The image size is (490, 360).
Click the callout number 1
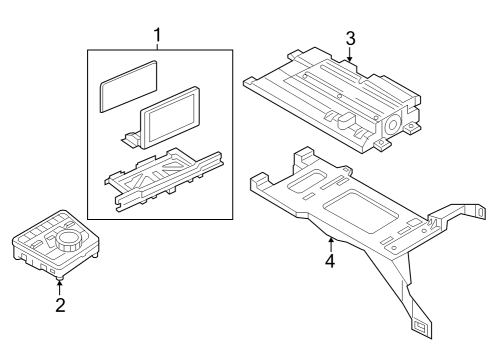pyautogui.click(x=157, y=35)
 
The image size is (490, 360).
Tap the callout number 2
pyautogui.click(x=60, y=305)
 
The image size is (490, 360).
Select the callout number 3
pyautogui.click(x=350, y=39)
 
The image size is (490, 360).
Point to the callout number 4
pyautogui.click(x=330, y=261)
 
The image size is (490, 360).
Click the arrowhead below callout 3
pyautogui.click(x=349, y=59)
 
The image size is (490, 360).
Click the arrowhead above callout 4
pyautogui.click(x=331, y=239)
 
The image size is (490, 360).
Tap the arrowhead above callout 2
pyautogui.click(x=60, y=284)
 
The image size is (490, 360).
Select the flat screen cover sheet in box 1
pyautogui.click(x=128, y=86)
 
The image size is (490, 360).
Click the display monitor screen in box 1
pyautogui.click(x=170, y=116)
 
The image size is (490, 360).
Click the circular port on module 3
pyautogui.click(x=392, y=125)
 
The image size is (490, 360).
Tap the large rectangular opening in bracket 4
pyautogui.click(x=361, y=211)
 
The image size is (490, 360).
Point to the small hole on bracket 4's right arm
pyautogui.click(x=480, y=212)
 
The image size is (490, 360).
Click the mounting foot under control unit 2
pyautogui.click(x=60, y=277)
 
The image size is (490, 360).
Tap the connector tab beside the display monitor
pyautogui.click(x=131, y=139)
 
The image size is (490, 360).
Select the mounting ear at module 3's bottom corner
pyautogui.click(x=382, y=144)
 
